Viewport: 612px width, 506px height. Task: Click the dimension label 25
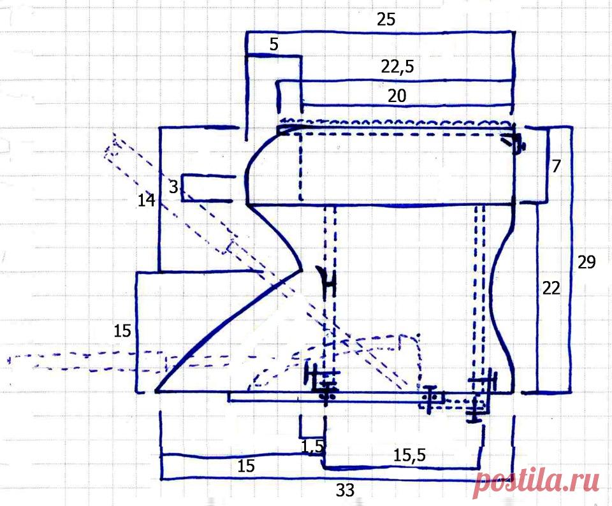386,19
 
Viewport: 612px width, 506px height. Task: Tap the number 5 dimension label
274,45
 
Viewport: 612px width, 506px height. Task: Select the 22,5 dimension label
398,67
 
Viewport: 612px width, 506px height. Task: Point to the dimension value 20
397,96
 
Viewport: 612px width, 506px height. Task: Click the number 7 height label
556,166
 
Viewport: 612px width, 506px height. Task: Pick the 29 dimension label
586,262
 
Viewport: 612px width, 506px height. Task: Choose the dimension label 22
551,288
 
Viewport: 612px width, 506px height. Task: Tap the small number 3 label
173,187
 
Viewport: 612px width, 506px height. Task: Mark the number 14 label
147,201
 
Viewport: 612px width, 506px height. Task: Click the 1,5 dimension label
312,447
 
